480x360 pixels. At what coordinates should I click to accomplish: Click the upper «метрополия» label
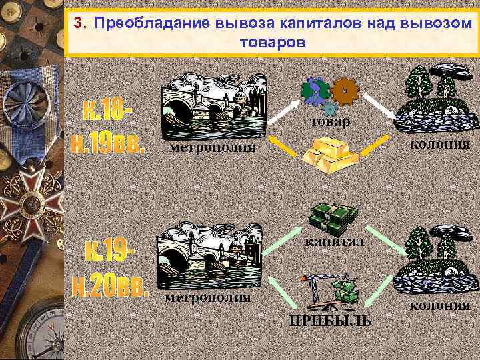212,147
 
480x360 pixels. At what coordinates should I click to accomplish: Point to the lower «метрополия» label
207,297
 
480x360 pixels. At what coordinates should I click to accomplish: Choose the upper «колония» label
441,143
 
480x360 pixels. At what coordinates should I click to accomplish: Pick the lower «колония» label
439,305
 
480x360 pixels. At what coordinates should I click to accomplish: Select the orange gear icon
344,93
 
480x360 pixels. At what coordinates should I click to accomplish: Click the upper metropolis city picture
215,105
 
